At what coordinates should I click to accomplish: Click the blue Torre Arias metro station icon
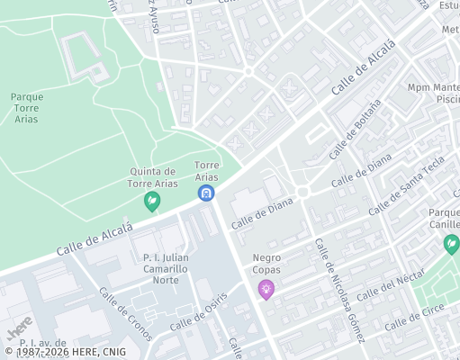point(207,193)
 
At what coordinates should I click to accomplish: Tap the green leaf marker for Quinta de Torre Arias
point(152,202)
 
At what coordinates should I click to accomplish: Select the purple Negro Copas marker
point(266,289)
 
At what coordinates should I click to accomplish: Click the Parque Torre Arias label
point(27,108)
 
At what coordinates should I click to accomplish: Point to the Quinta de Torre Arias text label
point(151,177)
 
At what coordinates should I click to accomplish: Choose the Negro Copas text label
point(266,264)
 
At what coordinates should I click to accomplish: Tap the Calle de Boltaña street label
point(355,129)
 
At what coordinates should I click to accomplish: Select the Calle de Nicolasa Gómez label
point(338,290)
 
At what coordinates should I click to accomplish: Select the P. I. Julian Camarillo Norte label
point(166,268)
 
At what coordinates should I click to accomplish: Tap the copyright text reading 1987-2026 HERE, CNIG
point(65,352)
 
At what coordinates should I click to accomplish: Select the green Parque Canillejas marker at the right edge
point(451,244)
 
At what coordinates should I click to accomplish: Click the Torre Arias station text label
point(207,171)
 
